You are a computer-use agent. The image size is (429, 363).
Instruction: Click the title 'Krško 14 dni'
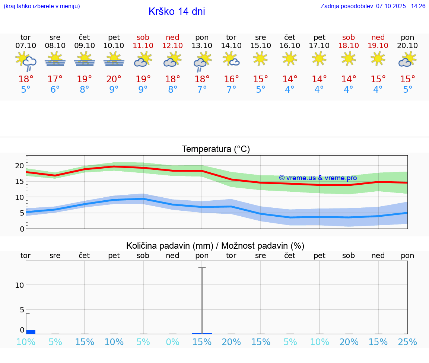pos(177,12)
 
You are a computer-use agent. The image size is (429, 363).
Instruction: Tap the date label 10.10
pos(114,45)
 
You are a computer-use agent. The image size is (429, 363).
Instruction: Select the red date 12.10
pos(172,45)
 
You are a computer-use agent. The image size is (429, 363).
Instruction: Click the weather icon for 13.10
pos(202,61)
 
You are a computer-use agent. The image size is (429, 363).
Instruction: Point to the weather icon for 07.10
pos(26,61)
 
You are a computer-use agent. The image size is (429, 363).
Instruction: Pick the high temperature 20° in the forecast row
pos(114,79)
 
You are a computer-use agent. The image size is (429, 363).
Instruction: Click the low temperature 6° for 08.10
pos(55,90)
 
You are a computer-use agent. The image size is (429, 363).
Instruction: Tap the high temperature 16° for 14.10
pos(231,79)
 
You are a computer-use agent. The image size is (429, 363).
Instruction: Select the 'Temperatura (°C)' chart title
pos(216,149)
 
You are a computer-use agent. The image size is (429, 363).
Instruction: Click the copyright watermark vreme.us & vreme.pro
pos(318,178)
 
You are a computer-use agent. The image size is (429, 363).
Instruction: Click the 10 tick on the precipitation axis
pos(19,285)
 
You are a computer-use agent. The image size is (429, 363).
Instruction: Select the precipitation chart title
pos(215,246)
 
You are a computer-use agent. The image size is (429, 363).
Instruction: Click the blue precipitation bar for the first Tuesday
pos(31,332)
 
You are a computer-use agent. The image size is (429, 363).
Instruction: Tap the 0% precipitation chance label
pos(172,342)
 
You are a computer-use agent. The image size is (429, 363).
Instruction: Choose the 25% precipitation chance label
pos(407,342)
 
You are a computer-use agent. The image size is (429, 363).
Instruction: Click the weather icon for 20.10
pos(407,60)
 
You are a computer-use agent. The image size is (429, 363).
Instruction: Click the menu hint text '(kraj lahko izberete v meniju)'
pos(42,6)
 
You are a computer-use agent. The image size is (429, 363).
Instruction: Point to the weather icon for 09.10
pos(85,60)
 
